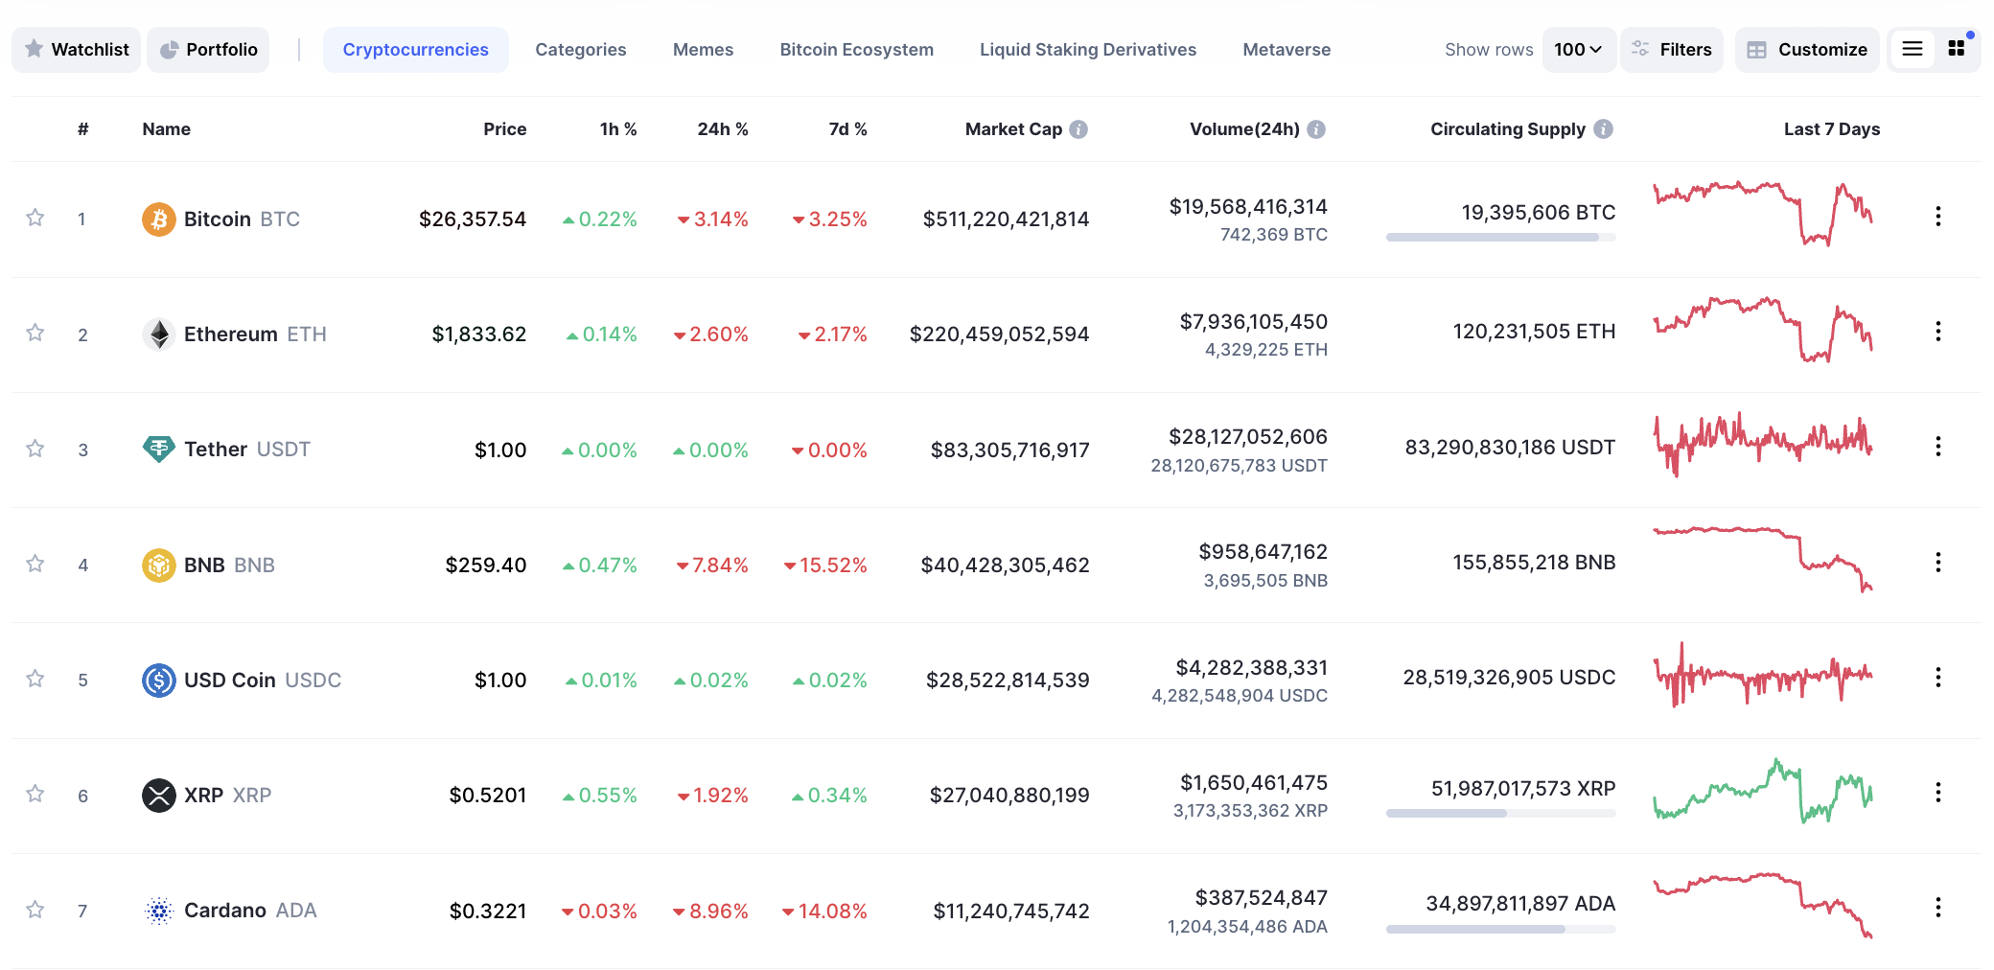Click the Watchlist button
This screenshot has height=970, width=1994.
pos(77,50)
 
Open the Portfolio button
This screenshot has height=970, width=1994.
pos(208,50)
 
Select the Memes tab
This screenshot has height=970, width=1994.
pos(703,50)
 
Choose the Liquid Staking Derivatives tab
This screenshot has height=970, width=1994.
pos(1087,50)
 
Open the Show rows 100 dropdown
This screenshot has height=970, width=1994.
pos(1578,50)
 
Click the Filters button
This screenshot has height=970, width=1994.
pos(1672,50)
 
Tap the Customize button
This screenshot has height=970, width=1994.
pos(1807,50)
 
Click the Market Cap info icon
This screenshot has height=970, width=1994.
pos(1078,129)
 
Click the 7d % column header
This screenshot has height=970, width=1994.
pos(847,129)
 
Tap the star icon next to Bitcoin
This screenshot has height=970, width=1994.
pos(35,218)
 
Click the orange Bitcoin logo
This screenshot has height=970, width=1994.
pos(159,219)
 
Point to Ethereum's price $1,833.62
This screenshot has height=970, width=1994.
pos(478,335)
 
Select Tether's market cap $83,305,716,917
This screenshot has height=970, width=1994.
pos(1009,450)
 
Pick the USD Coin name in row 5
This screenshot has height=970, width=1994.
pos(230,681)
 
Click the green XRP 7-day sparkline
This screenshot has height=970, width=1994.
pos(1762,793)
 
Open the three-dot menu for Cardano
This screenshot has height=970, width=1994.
pos(1937,908)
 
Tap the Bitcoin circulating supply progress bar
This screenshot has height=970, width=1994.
pos(1500,237)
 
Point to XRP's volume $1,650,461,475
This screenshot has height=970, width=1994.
pos(1253,783)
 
